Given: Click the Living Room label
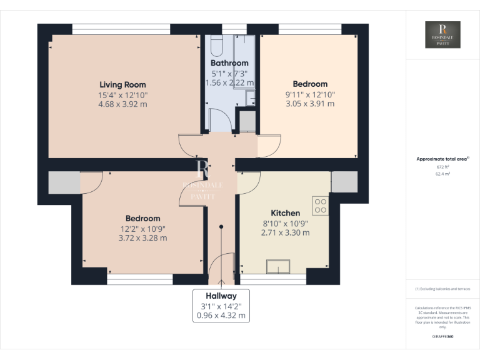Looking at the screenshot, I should coord(122,84).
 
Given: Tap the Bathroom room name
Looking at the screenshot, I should coord(229,63).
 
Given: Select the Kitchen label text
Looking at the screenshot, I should coord(285,212).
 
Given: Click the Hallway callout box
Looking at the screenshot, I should coord(221,306).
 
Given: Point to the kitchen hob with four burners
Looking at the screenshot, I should coord(321,206).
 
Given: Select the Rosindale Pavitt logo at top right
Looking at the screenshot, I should coord(442,35).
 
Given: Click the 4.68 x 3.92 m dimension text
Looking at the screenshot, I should coord(122,104).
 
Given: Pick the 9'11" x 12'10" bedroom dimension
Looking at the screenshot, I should coord(310,94).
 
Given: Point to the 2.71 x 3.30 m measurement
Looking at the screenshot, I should coord(285,232).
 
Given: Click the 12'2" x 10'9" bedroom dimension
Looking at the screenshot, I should coord(142,228).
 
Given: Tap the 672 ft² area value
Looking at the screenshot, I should coord(442,167).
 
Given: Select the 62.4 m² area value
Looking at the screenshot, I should coord(442,174).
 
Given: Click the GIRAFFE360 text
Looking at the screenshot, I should coord(442,337).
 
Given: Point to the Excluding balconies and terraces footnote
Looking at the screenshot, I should coord(442,289).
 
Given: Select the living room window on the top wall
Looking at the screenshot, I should coord(121,29).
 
